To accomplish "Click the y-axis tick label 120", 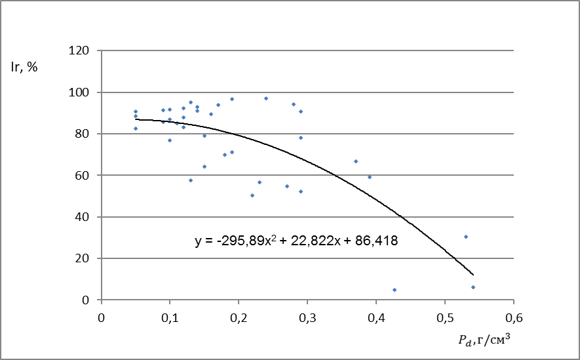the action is (79, 50).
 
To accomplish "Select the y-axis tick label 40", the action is (82, 217).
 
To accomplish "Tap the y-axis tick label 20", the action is (82, 258).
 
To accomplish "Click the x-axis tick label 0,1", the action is (170, 318).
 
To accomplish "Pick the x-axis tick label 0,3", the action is (307, 318).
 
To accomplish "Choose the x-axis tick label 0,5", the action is (444, 318).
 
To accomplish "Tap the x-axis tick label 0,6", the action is (513, 318).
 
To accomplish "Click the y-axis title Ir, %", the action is (24, 67).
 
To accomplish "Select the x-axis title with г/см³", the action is (484, 340).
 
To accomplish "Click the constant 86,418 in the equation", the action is (376, 241).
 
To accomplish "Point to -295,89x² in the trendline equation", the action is (246, 241).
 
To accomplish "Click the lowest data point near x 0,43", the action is (395, 290).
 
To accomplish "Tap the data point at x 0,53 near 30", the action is (466, 237).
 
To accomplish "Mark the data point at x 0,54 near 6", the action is (473, 287).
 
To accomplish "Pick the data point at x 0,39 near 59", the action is (370, 177).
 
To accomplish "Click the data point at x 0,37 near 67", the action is (356, 161).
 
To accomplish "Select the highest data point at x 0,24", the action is (266, 98).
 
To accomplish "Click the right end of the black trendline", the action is (473, 275).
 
